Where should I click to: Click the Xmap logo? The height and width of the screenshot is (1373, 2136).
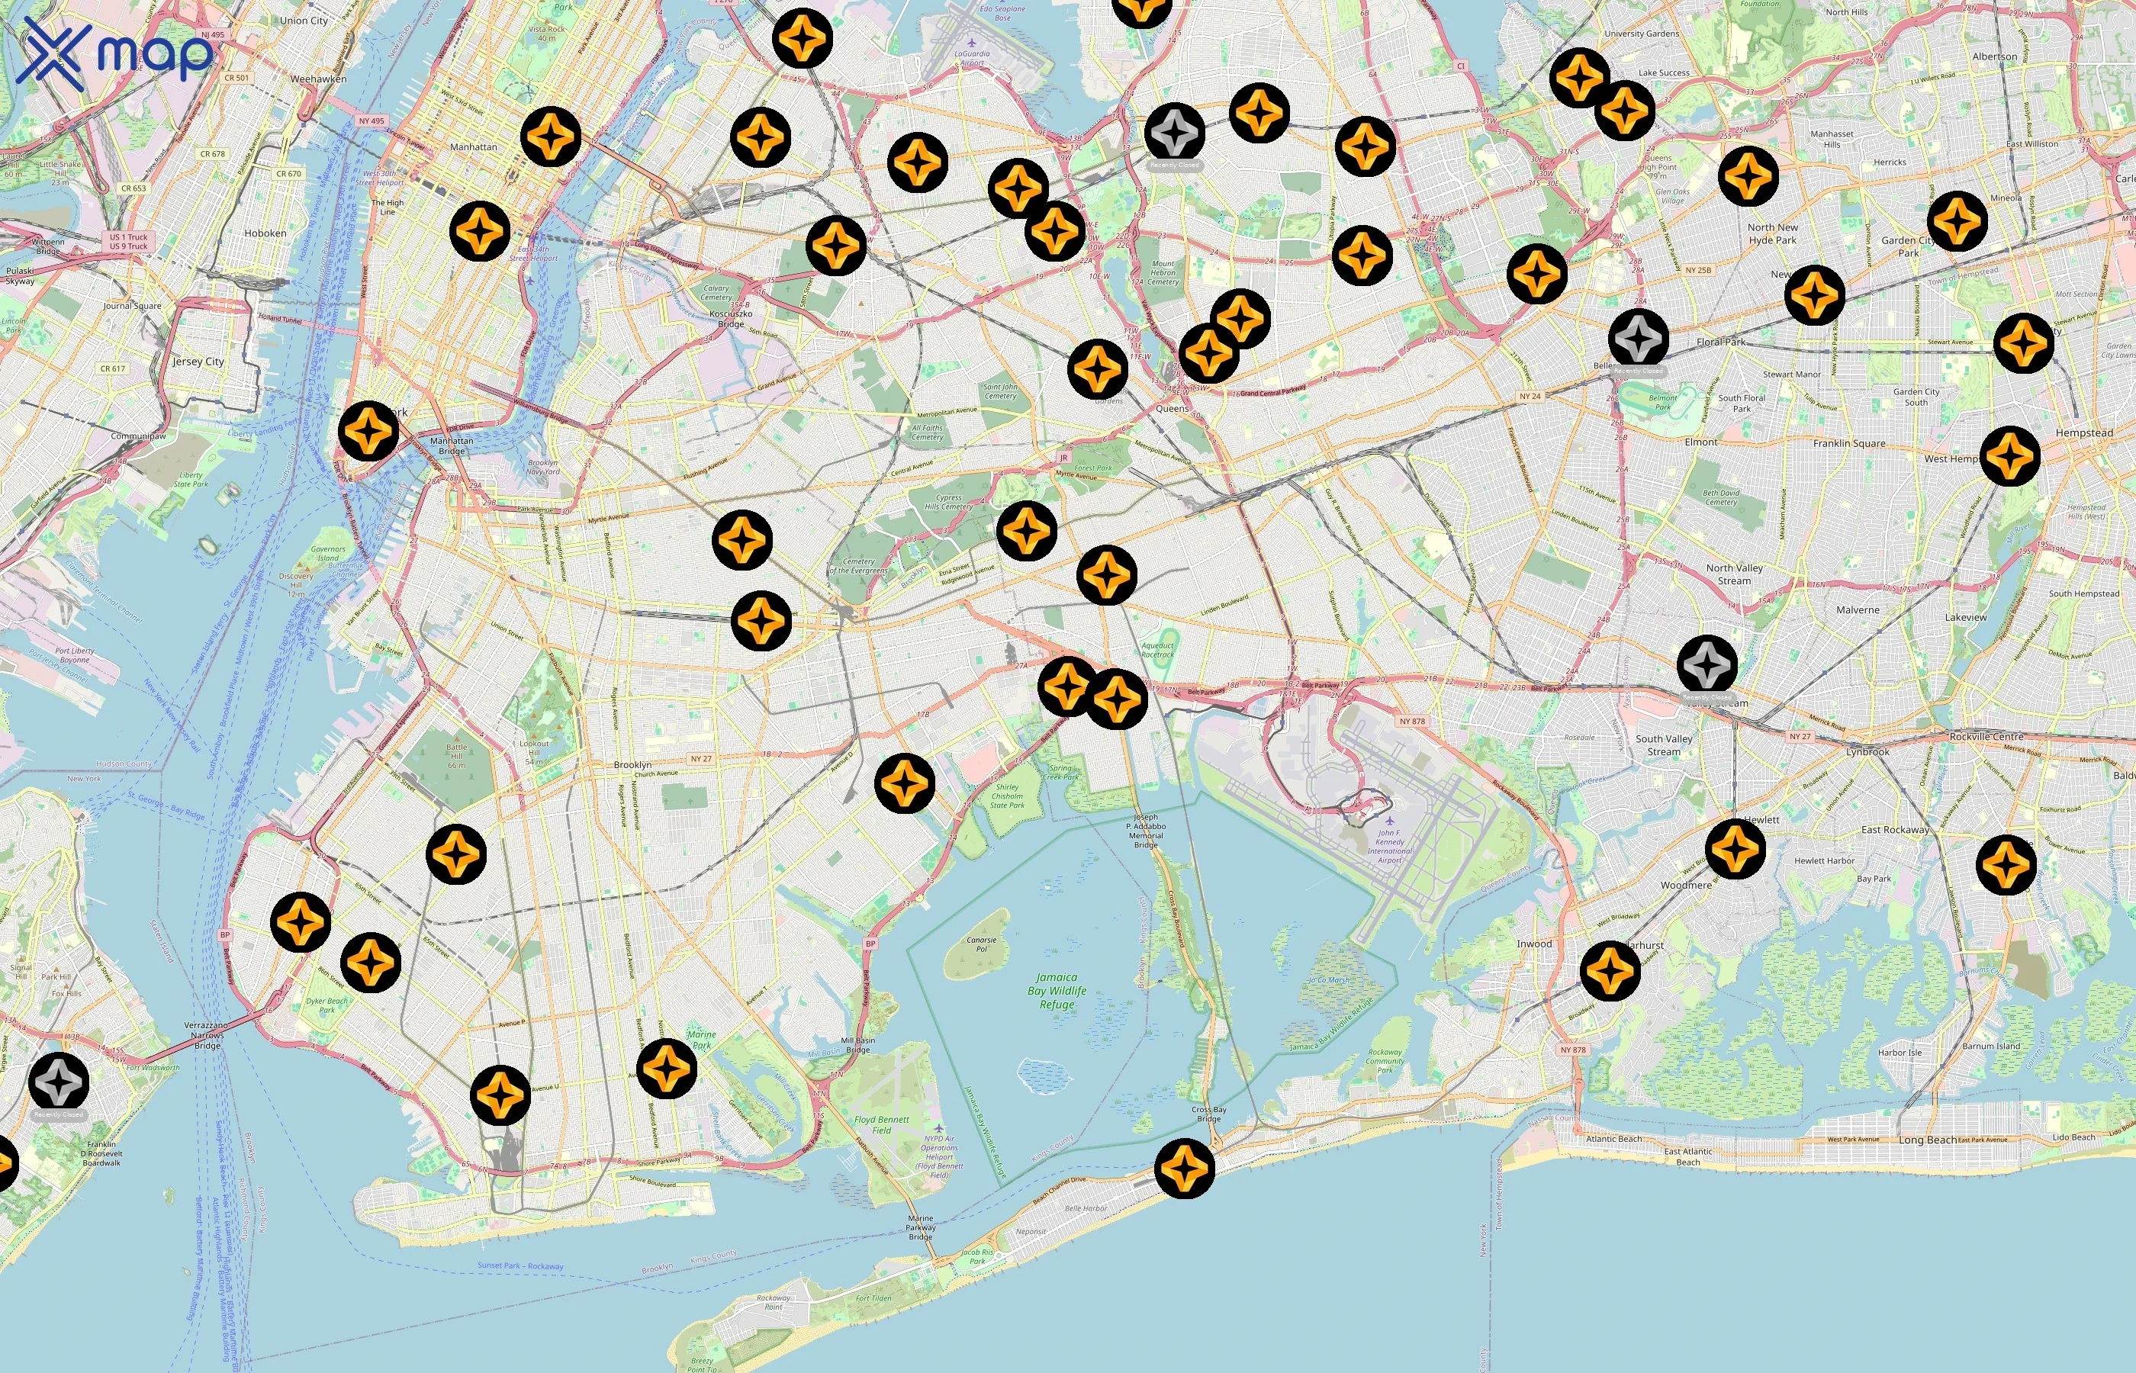[114, 53]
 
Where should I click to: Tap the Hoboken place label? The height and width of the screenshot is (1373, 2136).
[265, 233]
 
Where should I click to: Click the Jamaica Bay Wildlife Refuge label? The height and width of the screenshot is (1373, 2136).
[1057, 991]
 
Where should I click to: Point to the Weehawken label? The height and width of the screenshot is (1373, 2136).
[318, 79]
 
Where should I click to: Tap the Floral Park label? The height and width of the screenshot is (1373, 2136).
[1720, 342]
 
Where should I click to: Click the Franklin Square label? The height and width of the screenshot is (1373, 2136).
[1849, 443]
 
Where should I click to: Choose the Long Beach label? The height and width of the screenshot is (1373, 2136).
[1928, 1140]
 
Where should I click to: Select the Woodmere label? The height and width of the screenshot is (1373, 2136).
[1686, 886]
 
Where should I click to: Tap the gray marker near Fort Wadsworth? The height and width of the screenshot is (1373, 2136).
[59, 1082]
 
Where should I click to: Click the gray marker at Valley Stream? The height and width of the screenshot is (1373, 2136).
[1707, 665]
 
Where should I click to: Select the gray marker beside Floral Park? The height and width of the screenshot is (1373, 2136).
[1639, 339]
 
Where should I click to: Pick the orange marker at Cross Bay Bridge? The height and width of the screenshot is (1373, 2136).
[1184, 1168]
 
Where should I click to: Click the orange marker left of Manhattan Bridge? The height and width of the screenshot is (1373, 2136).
[368, 431]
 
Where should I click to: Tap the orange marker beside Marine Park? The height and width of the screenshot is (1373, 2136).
[666, 1068]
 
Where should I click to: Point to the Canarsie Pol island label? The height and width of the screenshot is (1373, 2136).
[982, 944]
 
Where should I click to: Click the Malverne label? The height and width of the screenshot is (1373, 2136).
[1858, 609]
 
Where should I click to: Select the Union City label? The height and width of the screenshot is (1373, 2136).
[304, 21]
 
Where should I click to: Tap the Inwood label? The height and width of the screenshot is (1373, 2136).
[1534, 944]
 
